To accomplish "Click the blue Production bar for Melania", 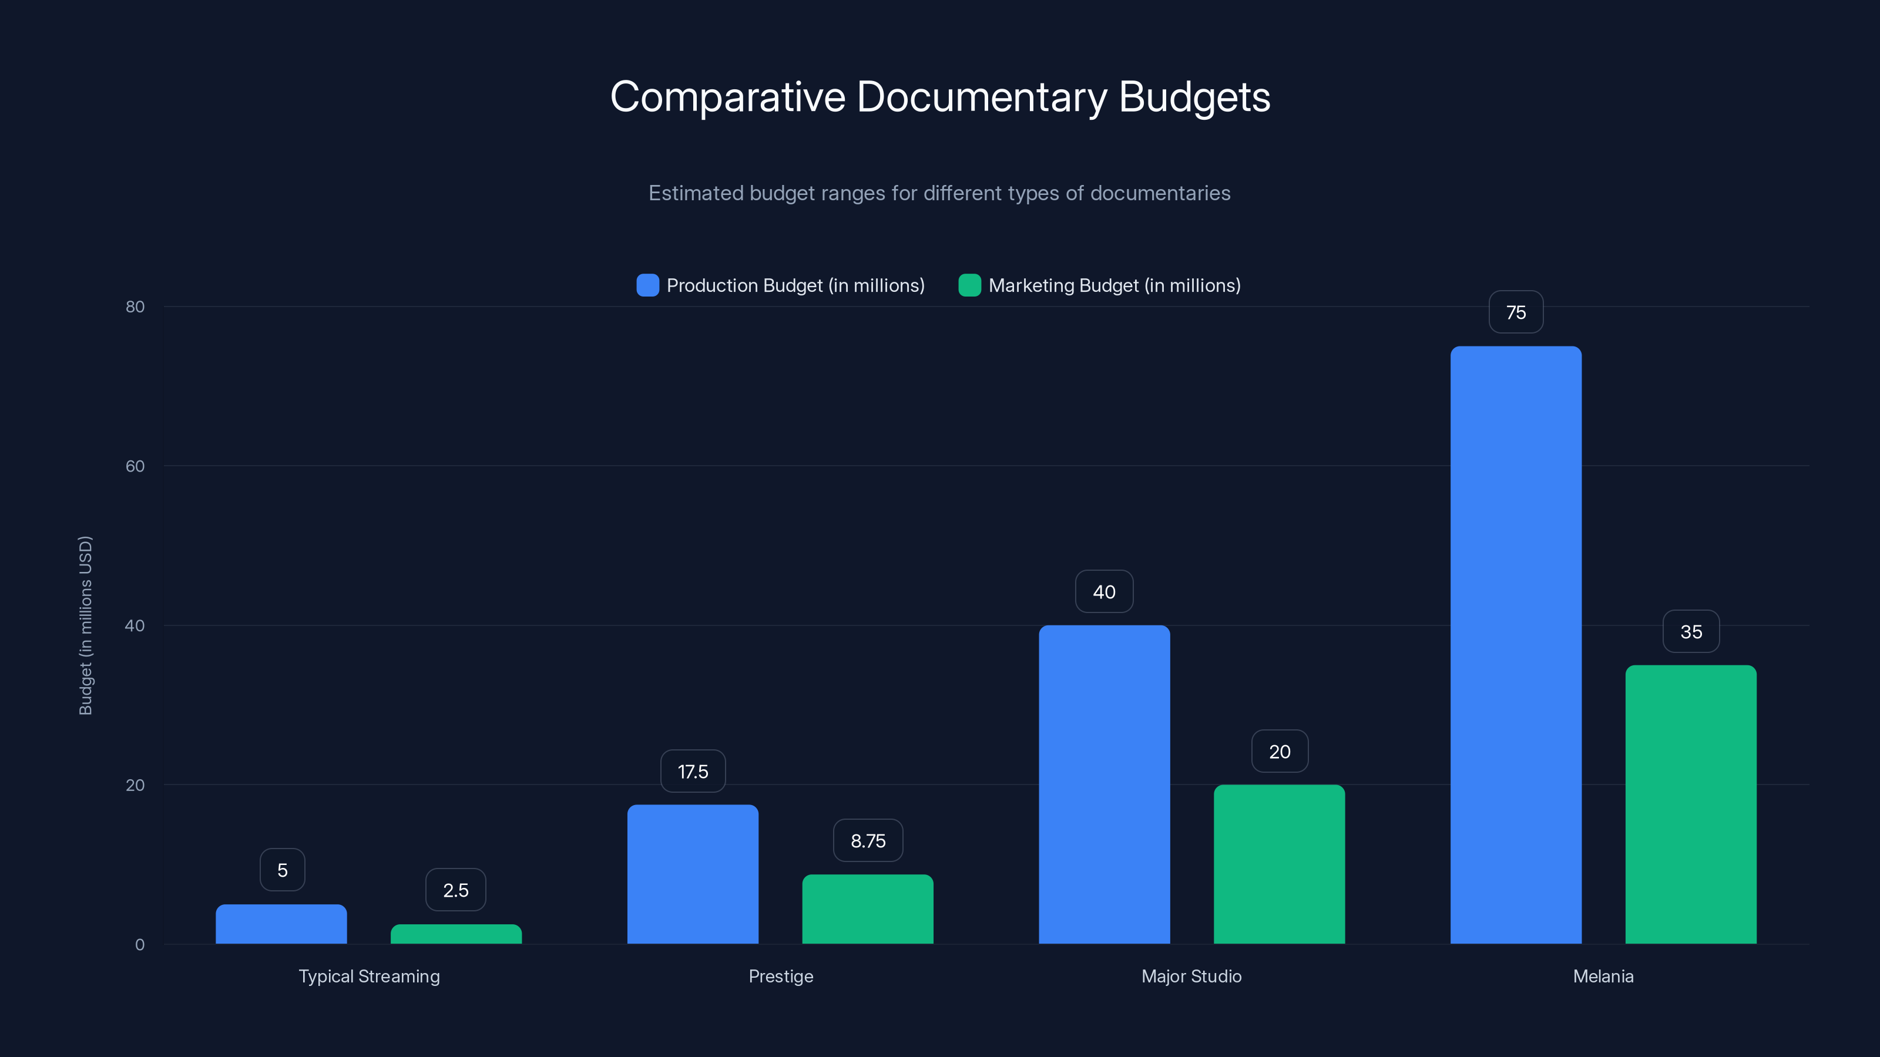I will coord(1515,645).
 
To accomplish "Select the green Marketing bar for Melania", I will coord(1690,804).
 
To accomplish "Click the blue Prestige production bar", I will coord(693,874).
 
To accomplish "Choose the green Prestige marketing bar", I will coord(867,909).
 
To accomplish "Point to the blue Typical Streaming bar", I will coord(281,924).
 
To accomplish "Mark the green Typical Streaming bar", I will coord(456,934).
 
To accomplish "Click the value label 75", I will coord(1516,312).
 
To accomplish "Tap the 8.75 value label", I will coord(868,840).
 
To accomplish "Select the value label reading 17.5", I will coord(693,771).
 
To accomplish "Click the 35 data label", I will coord(1691,631).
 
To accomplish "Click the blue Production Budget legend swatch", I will coord(647,285).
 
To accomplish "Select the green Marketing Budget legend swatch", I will coord(969,285).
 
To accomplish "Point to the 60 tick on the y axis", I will coord(135,466).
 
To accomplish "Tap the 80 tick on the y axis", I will coord(135,307).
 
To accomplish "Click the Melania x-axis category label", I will coord(1603,976).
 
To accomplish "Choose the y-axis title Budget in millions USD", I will coord(85,625).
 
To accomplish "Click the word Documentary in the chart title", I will coord(982,97).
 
